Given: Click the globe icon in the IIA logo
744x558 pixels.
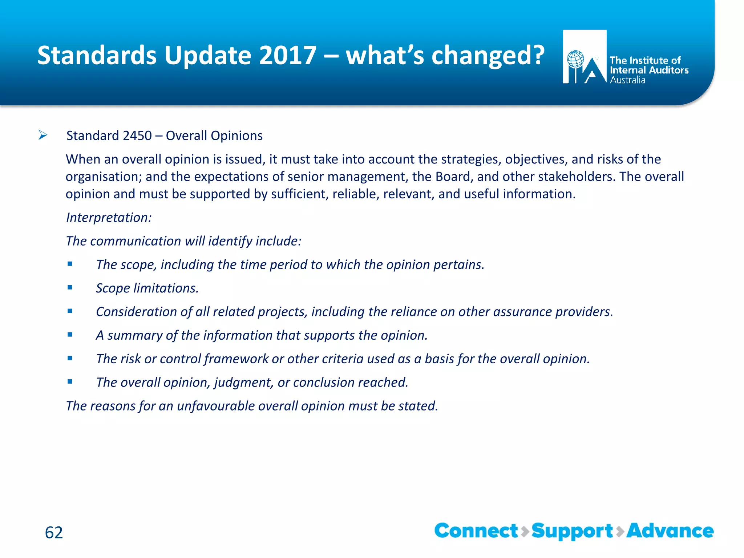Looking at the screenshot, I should [575, 59].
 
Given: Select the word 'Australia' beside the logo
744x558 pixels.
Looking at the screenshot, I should [627, 80].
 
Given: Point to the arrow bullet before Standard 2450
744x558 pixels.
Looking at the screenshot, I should [43, 136].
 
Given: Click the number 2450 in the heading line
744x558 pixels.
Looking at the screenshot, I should [137, 136].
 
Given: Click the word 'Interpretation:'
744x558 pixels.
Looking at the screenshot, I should [109, 218].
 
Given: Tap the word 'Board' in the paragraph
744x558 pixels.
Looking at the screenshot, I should [454, 177].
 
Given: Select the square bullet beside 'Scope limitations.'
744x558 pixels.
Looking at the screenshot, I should [70, 288].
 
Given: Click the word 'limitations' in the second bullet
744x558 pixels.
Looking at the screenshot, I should [166, 288].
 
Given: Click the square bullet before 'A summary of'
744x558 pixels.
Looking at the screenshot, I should [70, 335].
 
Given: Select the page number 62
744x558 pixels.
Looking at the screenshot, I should [54, 533].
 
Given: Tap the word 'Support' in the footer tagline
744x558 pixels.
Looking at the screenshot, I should [572, 531].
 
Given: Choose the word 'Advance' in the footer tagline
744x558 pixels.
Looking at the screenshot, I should [670, 531].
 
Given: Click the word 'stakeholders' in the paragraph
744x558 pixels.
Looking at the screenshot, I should [576, 177].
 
